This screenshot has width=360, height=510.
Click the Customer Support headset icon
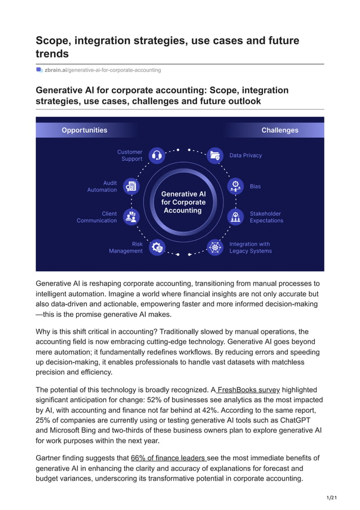point(157,155)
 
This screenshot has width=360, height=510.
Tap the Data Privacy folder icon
point(214,155)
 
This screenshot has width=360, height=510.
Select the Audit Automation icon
point(131,186)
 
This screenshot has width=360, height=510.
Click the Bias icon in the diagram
point(235,186)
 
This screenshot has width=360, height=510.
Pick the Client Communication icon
point(131,216)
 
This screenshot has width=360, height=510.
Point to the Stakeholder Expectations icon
point(235,216)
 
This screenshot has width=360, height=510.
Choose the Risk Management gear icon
point(157,247)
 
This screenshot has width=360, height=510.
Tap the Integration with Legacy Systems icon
point(214,247)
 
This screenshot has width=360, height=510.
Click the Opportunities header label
point(84,130)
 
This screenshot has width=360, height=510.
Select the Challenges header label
point(280,130)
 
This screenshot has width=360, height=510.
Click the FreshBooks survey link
point(248,390)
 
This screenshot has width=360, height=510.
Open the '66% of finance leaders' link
point(169,457)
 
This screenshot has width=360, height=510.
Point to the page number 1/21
point(332,497)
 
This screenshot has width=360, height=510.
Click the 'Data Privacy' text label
point(245,155)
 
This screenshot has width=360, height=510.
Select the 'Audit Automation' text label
point(102,186)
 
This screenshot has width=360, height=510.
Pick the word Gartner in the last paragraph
point(50,457)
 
